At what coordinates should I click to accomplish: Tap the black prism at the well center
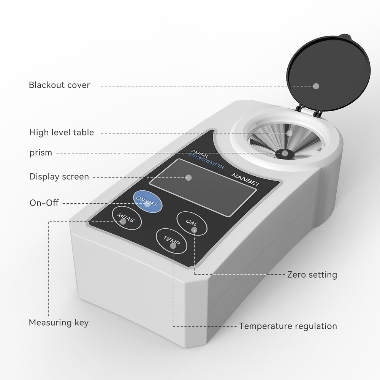pos(284,154)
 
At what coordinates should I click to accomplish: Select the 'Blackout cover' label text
pos(59,85)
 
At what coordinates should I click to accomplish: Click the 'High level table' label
pos(62,133)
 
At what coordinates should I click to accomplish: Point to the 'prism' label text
pos(41,153)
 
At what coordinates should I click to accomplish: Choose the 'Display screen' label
pos(59,177)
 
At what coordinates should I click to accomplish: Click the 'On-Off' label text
pos(44,203)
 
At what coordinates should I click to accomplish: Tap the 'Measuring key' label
pos(59,323)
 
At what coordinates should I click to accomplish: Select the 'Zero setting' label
pos(312,274)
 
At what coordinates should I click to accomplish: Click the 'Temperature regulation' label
pos(288,326)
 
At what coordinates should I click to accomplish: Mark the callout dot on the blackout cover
pos(316,86)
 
